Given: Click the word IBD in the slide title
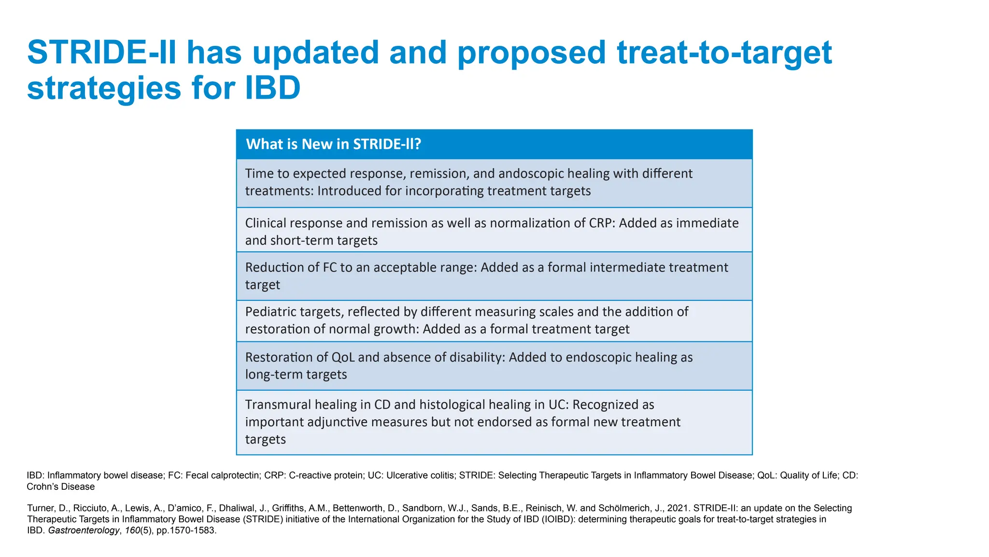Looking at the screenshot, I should pyautogui.click(x=272, y=88).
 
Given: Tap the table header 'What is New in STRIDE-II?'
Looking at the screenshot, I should pyautogui.click(x=334, y=144).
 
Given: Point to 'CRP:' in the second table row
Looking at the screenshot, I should pyautogui.click(x=602, y=223).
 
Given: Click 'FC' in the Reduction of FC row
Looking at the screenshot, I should pyautogui.click(x=330, y=267).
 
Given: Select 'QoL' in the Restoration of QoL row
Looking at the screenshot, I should pyautogui.click(x=343, y=357).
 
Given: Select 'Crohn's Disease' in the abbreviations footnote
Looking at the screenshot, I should pyautogui.click(x=61, y=487).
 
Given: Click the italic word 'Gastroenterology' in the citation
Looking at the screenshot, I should pyautogui.click(x=84, y=530).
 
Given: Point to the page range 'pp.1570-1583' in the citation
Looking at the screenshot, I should pyautogui.click(x=186, y=530).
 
